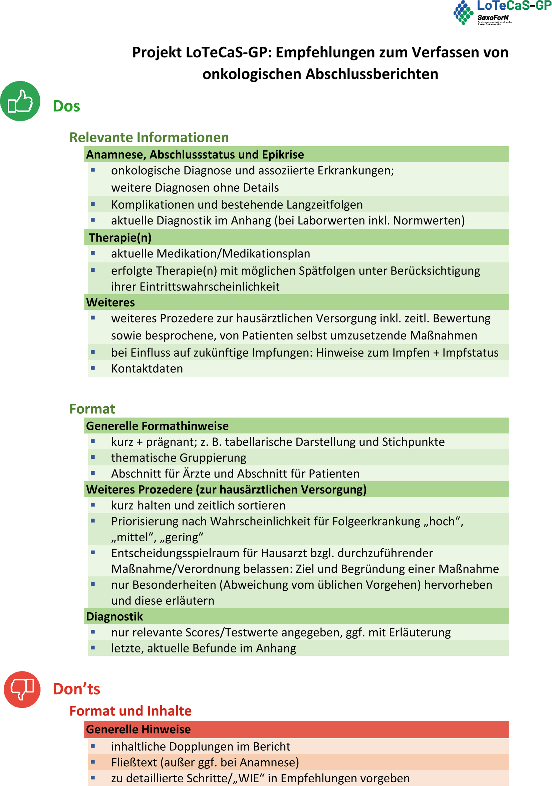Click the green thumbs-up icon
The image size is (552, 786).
coord(20,101)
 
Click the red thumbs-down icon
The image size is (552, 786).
coord(22,689)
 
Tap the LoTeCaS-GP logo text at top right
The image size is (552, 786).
coord(514,6)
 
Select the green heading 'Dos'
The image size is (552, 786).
coord(66,106)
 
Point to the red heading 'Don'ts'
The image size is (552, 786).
coord(76,689)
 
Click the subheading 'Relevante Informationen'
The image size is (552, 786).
coord(149,137)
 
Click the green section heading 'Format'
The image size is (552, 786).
coord(92,409)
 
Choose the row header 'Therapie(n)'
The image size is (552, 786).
coord(120,238)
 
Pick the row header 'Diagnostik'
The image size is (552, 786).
coord(114,616)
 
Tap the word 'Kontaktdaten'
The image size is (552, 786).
coord(147,368)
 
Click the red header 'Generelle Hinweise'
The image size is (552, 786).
coord(138,729)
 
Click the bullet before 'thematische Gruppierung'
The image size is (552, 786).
coord(93,457)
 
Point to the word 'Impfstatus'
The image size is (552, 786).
coord(470,353)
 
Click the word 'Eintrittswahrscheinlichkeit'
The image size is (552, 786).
coord(210,286)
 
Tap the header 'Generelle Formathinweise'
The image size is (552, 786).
coord(157,426)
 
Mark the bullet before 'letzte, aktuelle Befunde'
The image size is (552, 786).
coord(93,647)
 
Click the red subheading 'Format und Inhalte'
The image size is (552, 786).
coord(130,711)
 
